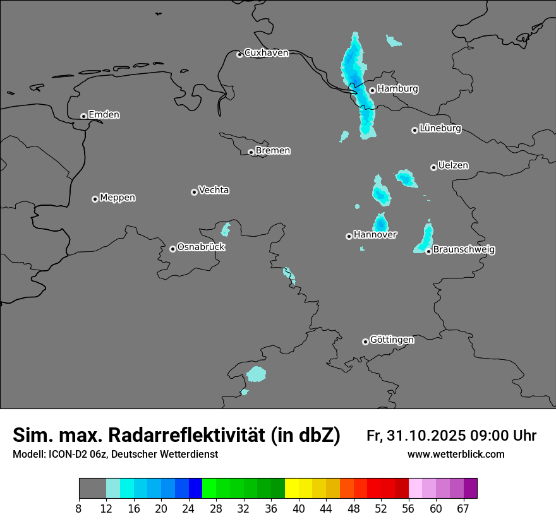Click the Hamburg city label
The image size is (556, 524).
click(x=397, y=89)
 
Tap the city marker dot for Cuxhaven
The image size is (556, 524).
click(x=239, y=55)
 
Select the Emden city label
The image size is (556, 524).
click(x=104, y=115)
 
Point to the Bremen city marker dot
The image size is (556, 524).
click(x=251, y=152)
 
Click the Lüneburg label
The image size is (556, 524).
click(x=440, y=129)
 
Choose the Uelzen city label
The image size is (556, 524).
click(x=453, y=165)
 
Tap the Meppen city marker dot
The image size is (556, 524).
click(x=95, y=199)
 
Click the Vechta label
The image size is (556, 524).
click(x=214, y=190)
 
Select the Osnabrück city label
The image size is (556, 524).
click(x=201, y=247)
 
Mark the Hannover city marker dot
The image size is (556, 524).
click(x=349, y=237)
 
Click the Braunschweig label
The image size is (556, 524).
click(x=464, y=250)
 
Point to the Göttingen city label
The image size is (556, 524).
click(x=392, y=340)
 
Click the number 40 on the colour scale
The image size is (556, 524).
click(x=298, y=508)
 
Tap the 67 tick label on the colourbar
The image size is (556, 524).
click(x=463, y=508)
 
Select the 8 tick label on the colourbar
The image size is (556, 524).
click(x=79, y=508)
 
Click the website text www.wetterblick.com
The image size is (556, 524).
click(x=456, y=455)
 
